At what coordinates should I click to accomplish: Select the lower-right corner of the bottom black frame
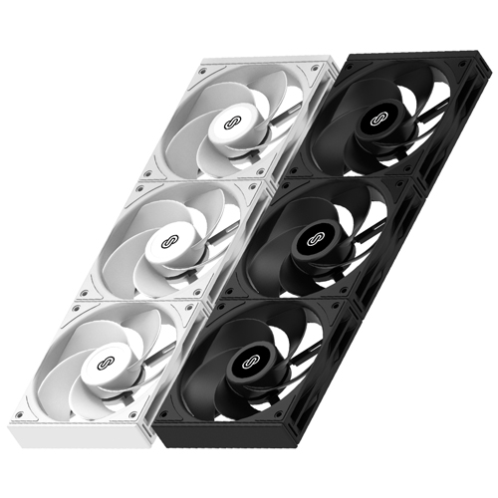pos(339,438)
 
